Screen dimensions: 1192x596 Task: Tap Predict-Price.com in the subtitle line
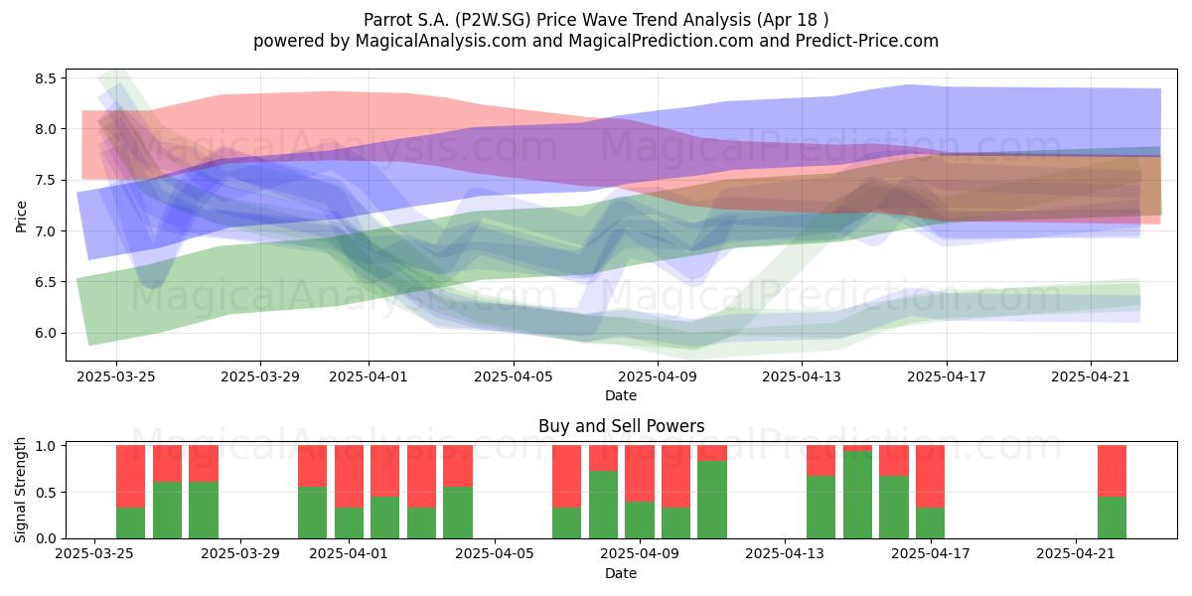[x=867, y=41]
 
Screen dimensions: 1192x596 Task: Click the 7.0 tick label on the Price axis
[x=46, y=230]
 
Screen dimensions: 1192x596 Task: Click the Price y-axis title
[x=21, y=217]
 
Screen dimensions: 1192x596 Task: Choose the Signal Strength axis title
[x=20, y=490]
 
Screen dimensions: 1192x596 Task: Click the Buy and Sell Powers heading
[x=621, y=426]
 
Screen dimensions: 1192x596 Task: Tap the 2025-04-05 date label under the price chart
[x=514, y=376]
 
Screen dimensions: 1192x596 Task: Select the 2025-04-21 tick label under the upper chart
[x=1091, y=376]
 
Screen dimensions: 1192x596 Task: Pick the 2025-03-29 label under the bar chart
[x=240, y=554]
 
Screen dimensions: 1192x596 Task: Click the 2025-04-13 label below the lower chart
[x=785, y=554]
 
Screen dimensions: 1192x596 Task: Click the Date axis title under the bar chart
[x=621, y=573]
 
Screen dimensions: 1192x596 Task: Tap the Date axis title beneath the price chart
[x=621, y=395]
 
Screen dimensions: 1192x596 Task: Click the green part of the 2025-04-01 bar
[x=349, y=523]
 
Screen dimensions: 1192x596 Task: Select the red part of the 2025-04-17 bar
[x=930, y=476]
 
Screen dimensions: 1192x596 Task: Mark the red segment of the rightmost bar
[x=1113, y=471]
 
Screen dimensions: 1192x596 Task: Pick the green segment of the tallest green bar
[x=858, y=495]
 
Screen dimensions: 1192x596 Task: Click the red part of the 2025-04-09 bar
[x=640, y=474]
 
